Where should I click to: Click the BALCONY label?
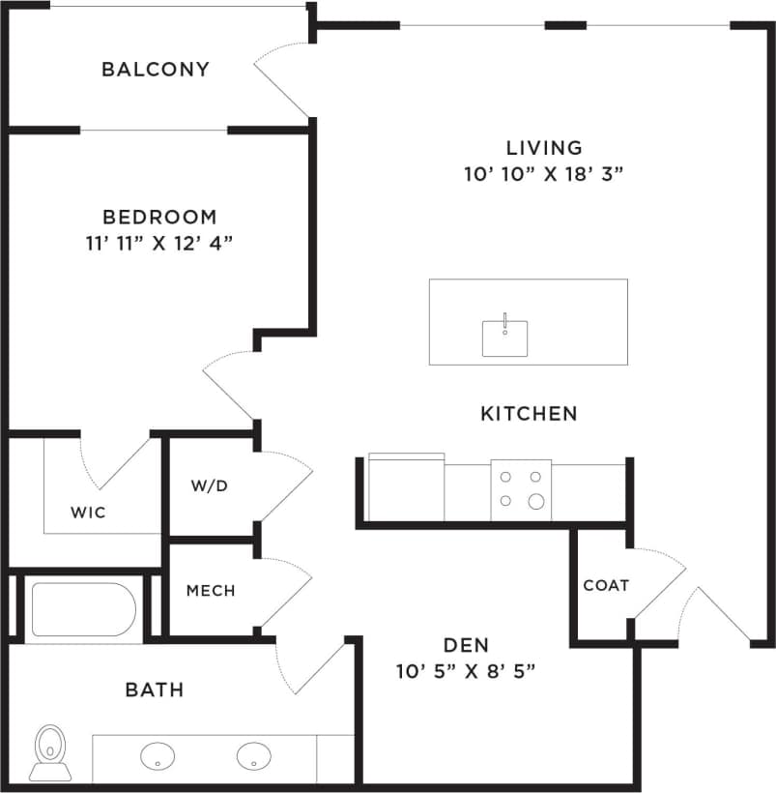click(156, 70)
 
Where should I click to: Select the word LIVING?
click(544, 148)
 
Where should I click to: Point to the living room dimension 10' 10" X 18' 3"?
click(543, 174)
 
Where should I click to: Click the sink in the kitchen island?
click(504, 338)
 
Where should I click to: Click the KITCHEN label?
click(529, 414)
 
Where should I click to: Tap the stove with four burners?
click(520, 489)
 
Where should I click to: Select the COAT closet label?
click(606, 585)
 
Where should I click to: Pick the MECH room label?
click(210, 590)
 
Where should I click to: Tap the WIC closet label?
click(87, 512)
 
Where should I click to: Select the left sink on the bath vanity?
click(158, 754)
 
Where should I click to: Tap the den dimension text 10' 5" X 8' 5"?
click(466, 670)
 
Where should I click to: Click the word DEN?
click(466, 645)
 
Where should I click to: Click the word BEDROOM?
click(159, 218)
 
